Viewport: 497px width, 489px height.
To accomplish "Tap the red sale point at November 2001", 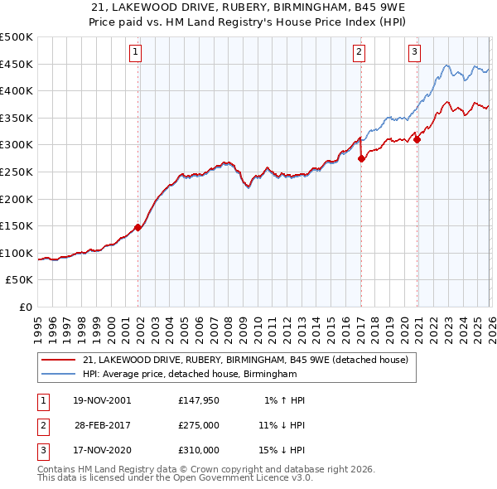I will pos(138,227).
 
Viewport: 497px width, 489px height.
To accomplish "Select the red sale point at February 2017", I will pos(361,158).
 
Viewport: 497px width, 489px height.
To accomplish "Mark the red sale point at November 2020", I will pos(417,139).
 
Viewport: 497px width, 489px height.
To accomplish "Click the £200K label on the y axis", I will pos(17,199).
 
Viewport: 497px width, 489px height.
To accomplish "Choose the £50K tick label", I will pos(20,280).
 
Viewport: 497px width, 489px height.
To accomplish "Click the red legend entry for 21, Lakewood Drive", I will pos(245,361).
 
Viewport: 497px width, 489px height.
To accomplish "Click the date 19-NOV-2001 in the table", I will pos(102,400).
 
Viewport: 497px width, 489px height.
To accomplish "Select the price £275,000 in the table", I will pos(199,425).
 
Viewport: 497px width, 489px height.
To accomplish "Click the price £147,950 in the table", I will pos(199,400).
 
